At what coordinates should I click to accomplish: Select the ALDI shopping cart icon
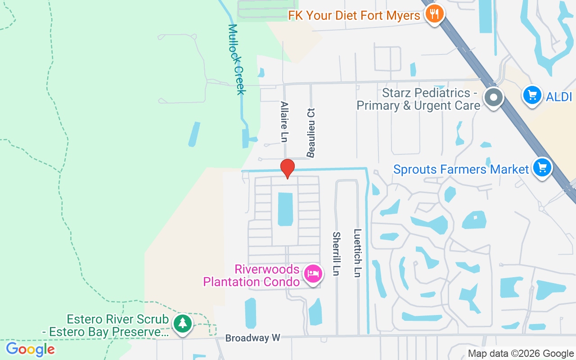(x=532, y=95)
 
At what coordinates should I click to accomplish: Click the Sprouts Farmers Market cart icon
(x=542, y=168)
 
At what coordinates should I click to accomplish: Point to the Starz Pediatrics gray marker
(x=494, y=97)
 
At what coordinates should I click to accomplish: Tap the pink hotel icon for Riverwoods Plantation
(x=313, y=273)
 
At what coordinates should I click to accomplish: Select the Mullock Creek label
(x=237, y=59)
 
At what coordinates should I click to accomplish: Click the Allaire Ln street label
(x=284, y=122)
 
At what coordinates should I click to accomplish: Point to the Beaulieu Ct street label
(x=310, y=133)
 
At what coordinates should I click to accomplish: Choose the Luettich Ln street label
(x=357, y=253)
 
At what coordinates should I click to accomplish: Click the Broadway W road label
(x=252, y=338)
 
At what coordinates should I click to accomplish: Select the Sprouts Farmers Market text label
(x=461, y=170)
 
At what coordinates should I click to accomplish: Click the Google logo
(x=30, y=349)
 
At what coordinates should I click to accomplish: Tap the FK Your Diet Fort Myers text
(x=354, y=16)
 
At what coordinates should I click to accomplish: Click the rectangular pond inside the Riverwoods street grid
(x=285, y=209)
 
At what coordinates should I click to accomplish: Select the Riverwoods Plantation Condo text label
(x=252, y=275)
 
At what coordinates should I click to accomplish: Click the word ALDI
(x=560, y=96)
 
